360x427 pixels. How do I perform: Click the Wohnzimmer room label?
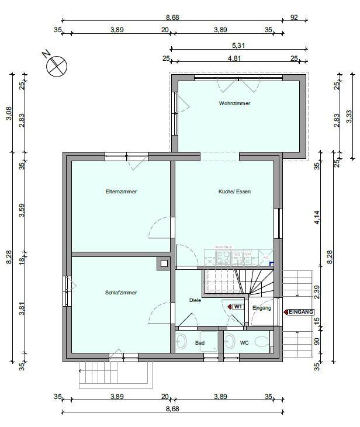coord(234,103)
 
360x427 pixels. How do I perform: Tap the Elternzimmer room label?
coord(121,192)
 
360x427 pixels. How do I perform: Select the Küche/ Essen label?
coord(234,192)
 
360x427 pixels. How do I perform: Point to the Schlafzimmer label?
coord(121,292)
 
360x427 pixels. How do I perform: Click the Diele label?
coord(195,300)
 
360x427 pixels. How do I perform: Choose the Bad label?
coord(200,343)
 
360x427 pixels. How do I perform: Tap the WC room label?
coord(244,343)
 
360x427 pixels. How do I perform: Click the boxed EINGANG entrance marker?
coord(301,313)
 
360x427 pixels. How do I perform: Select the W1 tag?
coord(238,307)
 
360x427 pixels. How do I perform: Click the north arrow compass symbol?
coord(57,66)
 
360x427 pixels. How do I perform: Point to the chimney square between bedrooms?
coord(162,263)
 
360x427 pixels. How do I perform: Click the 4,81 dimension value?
coord(235,58)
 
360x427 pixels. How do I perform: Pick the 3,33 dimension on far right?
coord(349,116)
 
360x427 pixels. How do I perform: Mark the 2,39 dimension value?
coord(317,290)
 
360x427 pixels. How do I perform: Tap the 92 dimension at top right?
coord(294,18)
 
